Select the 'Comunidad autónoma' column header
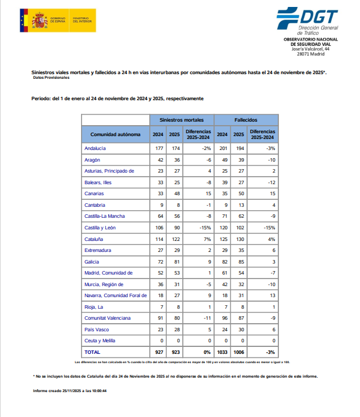coord(115,134)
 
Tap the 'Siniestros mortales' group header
coord(182,119)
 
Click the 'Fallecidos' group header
coord(245,119)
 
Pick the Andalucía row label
coord(95,148)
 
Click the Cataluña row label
coord(94,239)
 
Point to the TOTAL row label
coord(93,352)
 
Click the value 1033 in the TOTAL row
coord(222,352)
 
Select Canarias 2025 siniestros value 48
coord(174,193)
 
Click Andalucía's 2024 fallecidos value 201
coord(222,148)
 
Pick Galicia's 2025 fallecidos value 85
coord(238,261)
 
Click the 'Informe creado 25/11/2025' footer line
coord(69,391)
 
